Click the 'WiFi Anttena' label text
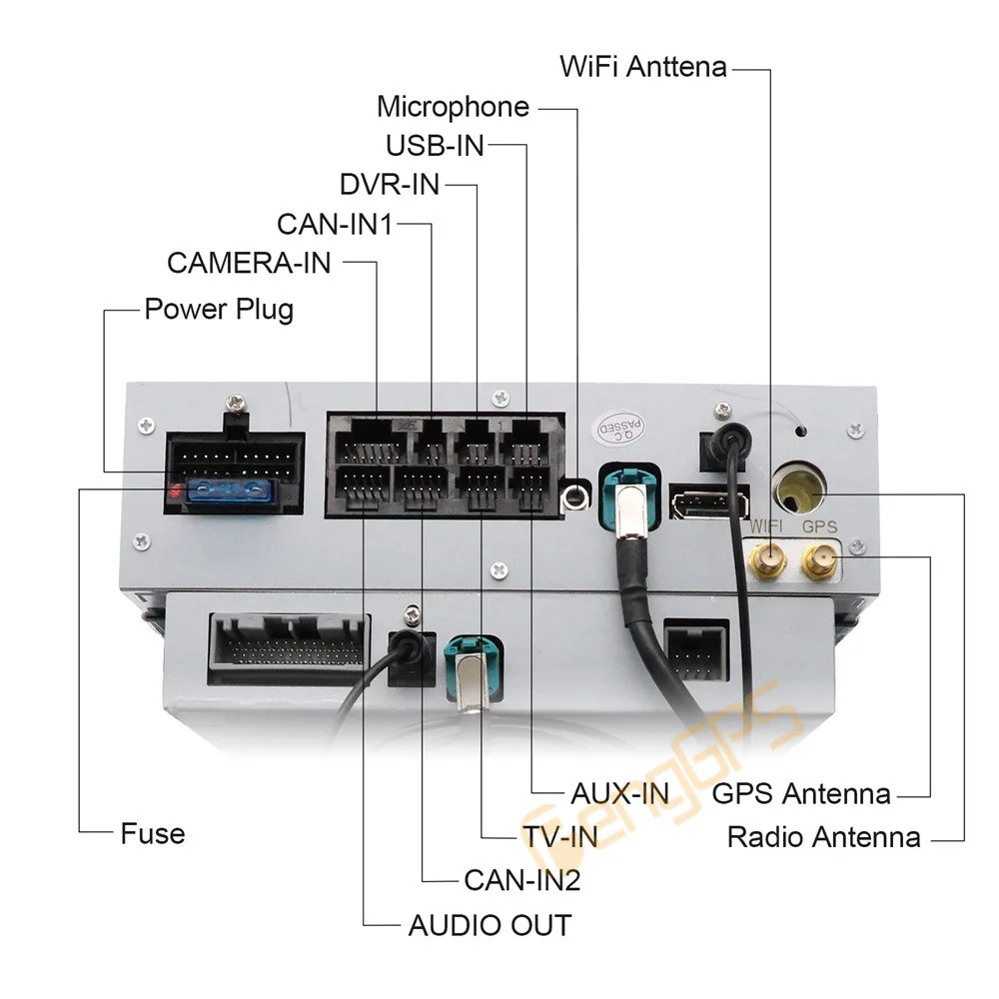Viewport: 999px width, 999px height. click(643, 68)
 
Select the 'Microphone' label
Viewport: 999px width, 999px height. click(453, 107)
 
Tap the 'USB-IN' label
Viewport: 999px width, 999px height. click(435, 146)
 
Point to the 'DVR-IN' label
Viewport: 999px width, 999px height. click(389, 185)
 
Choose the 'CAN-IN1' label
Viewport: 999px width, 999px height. click(334, 224)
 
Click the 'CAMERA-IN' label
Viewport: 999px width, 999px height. click(249, 264)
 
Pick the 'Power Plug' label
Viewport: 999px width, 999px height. click(219, 308)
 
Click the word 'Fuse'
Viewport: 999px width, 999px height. click(153, 833)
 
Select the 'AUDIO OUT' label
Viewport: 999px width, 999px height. click(490, 925)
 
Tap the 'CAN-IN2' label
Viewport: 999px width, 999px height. click(521, 880)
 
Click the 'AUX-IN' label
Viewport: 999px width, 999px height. click(619, 794)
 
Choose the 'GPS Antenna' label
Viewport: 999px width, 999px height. click(801, 794)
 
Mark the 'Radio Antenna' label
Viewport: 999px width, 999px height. click(823, 836)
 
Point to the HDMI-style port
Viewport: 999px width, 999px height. click(696, 500)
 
